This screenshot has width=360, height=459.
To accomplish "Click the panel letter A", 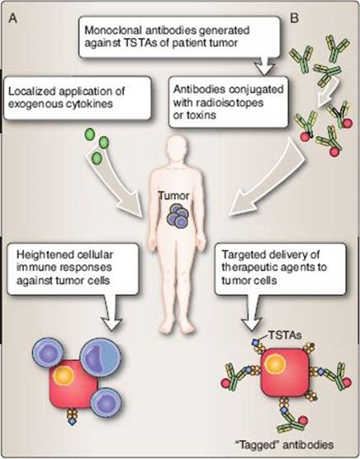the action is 13,19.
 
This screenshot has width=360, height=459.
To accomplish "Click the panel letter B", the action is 294,18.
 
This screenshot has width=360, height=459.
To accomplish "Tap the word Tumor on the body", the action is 174,196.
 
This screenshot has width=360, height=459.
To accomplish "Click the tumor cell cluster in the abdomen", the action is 178,216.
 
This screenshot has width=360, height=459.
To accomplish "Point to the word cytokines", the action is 90,104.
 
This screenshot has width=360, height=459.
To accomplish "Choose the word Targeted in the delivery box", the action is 241,254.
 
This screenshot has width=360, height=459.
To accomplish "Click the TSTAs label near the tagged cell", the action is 285,335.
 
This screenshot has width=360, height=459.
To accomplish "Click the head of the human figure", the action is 176,152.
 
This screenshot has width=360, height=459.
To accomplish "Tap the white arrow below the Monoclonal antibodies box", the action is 264,67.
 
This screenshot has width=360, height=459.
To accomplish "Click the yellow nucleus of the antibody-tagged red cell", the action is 275,364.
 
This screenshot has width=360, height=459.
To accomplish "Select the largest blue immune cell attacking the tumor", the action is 100,357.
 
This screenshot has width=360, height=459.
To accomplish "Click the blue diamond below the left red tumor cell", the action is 72,422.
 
